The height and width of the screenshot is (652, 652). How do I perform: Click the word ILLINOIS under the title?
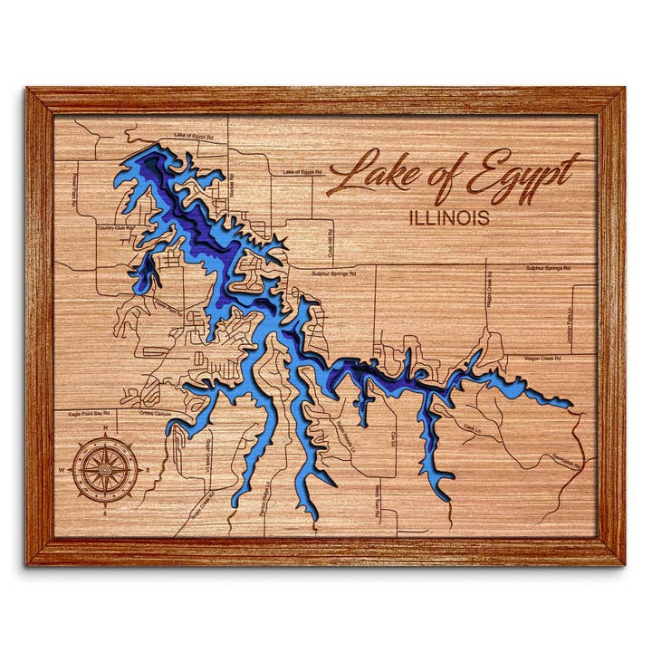[x=449, y=218]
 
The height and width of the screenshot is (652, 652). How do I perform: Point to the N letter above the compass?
[x=106, y=428]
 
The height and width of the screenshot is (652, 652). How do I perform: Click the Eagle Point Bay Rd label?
[x=89, y=413]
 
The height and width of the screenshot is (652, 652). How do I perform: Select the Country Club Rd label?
[x=115, y=228]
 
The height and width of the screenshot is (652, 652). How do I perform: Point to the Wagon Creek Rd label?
[x=543, y=359]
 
